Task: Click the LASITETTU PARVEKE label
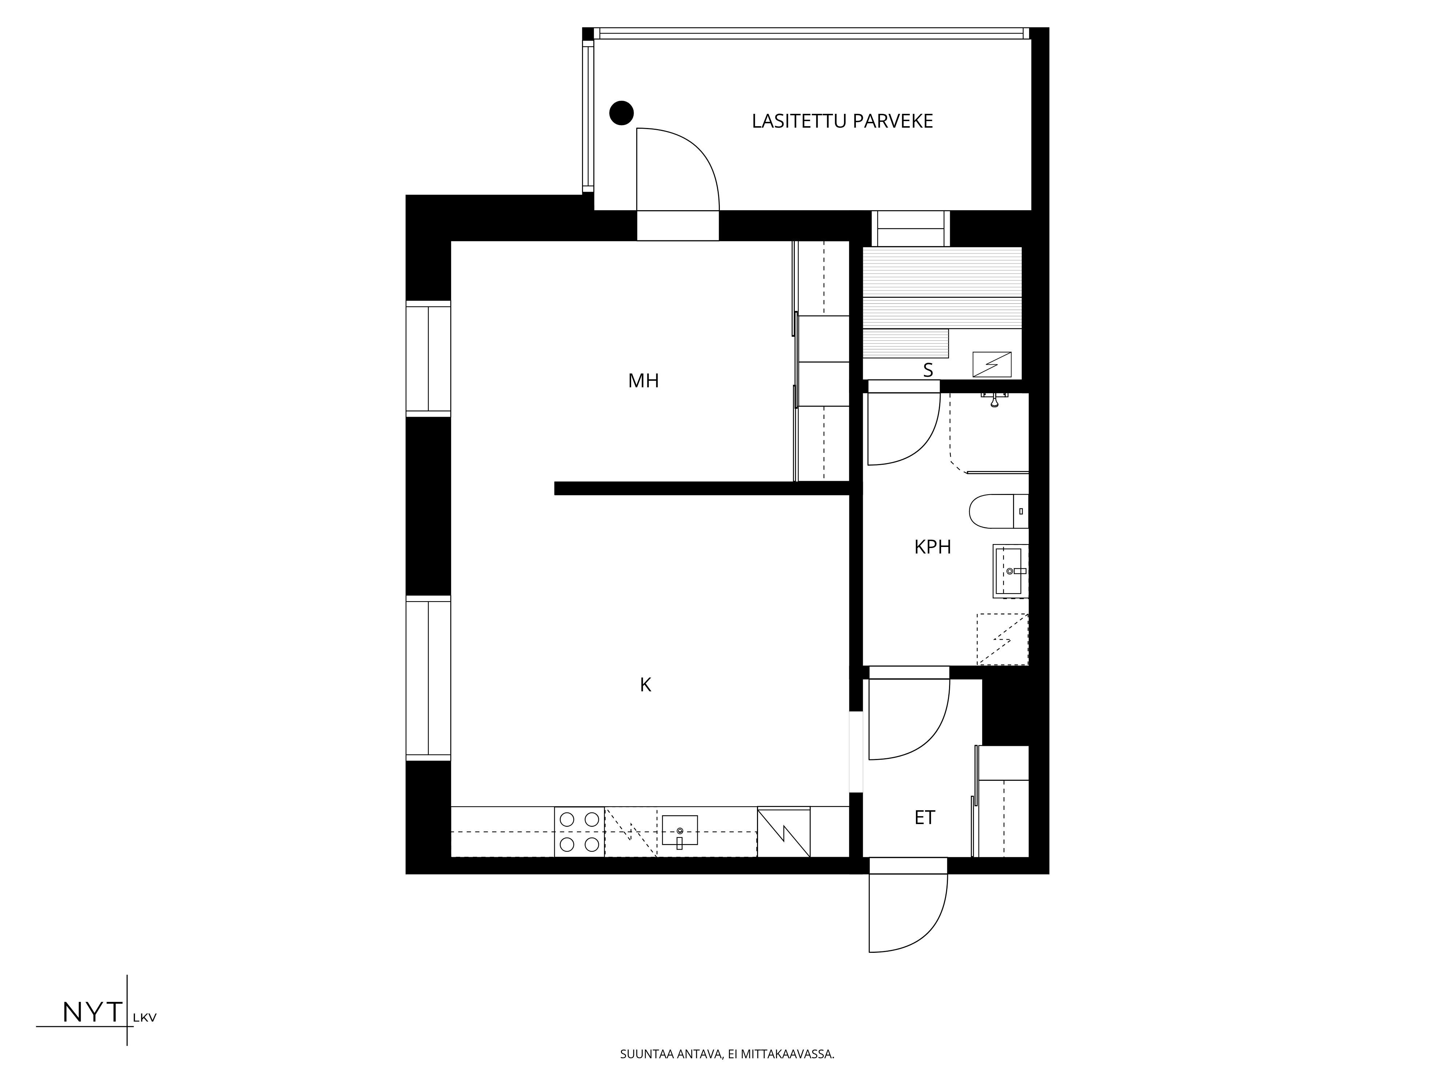point(842,121)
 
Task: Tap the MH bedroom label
point(643,381)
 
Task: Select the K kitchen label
point(645,685)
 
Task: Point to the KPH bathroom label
point(933,547)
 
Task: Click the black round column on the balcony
point(621,113)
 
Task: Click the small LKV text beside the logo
point(145,1017)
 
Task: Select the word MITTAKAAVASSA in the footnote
point(788,1072)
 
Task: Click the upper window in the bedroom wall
point(428,359)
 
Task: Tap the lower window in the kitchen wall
point(428,678)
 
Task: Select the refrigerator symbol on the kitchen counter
point(784,832)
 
